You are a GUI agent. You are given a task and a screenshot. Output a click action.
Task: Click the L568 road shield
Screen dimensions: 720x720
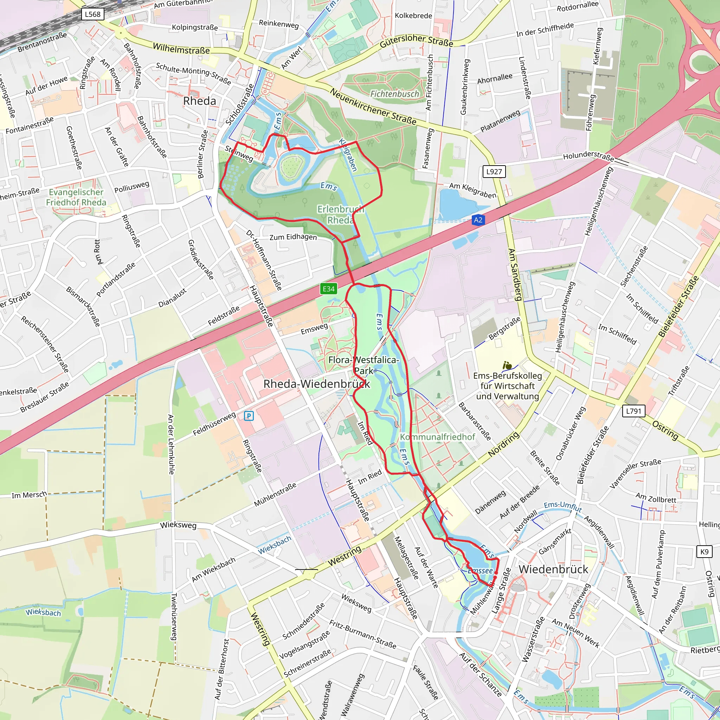[92, 14]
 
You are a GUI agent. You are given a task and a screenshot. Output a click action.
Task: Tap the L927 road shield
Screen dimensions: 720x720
[494, 172]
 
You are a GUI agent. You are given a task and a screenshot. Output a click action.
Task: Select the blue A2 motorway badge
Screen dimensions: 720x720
[478, 220]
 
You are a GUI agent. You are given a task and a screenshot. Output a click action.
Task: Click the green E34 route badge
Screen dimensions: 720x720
[329, 289]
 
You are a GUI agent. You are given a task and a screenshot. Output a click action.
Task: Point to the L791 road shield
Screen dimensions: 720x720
[634, 411]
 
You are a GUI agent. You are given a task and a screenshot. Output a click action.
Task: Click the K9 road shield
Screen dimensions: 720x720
[704, 552]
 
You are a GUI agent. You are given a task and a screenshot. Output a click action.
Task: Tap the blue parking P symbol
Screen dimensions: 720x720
[249, 416]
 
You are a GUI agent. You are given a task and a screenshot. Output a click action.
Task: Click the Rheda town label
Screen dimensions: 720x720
[199, 101]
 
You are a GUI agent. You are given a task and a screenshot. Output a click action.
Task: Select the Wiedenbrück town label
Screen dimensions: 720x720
[553, 569]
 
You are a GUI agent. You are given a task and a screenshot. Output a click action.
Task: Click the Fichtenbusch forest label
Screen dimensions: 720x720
[394, 94]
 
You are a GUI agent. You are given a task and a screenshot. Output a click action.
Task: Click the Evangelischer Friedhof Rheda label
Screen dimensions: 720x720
[76, 197]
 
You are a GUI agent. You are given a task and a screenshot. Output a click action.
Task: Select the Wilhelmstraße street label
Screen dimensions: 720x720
[181, 49]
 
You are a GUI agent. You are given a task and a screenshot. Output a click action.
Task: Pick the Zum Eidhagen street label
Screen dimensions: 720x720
[293, 237]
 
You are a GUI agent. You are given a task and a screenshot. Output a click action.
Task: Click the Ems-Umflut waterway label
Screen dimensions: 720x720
[563, 507]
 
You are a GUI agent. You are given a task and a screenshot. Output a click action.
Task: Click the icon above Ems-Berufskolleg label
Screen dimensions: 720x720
[507, 365]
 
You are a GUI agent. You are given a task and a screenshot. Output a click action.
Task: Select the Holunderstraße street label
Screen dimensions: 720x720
[588, 155]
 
